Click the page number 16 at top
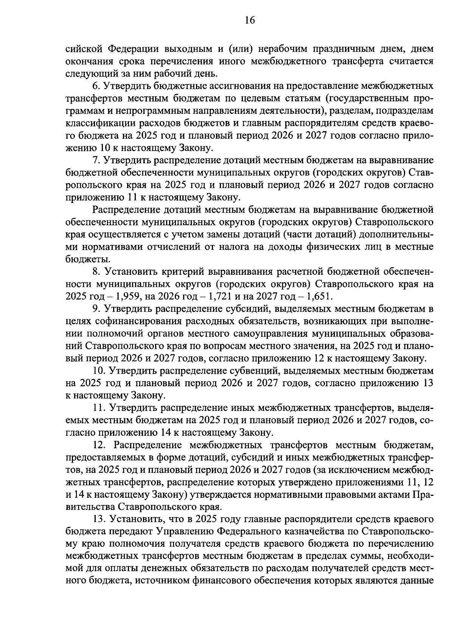pos(250,20)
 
